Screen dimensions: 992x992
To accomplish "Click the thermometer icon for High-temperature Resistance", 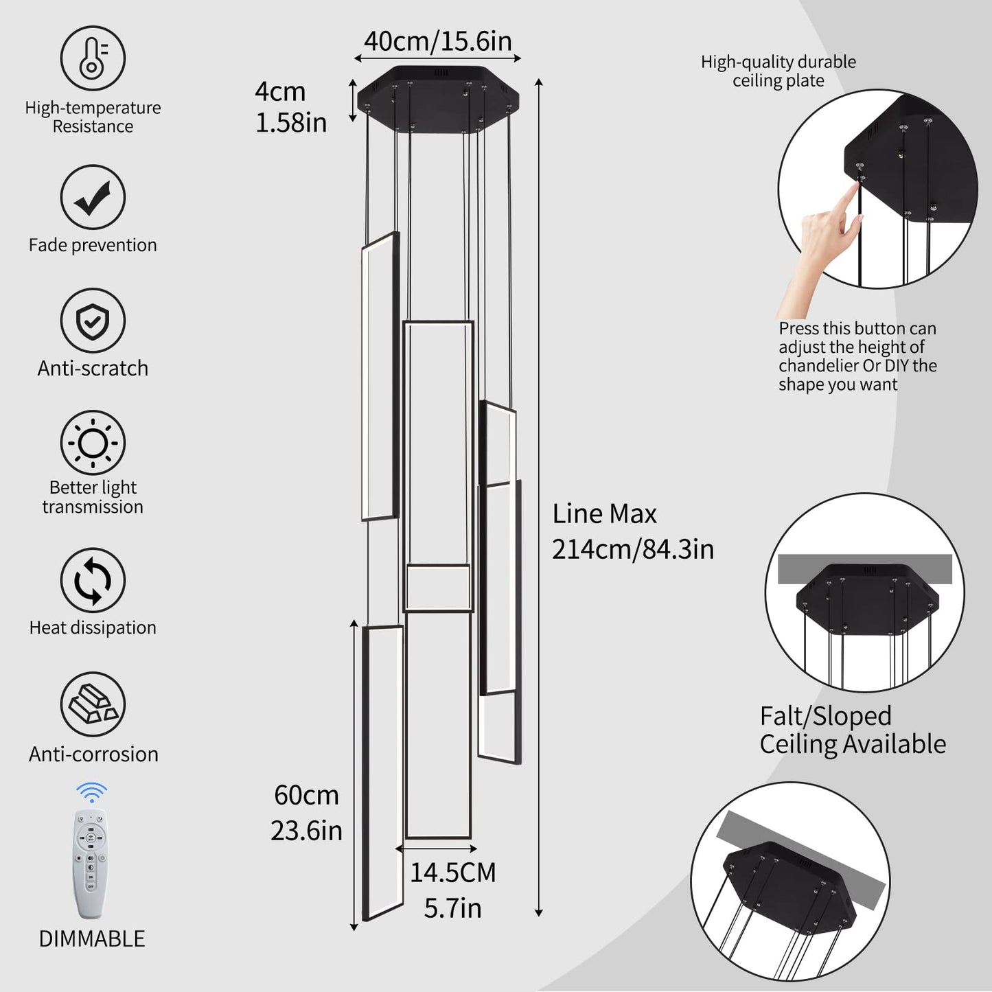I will coord(93,58).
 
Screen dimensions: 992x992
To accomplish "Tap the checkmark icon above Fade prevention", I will coord(93,198).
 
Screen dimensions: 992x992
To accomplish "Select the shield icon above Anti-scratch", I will coord(93,321).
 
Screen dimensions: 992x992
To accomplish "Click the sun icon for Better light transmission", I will coord(93,443).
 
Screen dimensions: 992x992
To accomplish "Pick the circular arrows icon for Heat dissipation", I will coord(93,581).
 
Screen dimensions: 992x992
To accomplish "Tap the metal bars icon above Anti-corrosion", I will coord(93,704).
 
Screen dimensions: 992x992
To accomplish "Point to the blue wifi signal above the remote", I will coord(91,792).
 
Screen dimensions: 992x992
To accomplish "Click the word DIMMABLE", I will coord(91,938).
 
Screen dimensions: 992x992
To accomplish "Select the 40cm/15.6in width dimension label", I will coord(437,41).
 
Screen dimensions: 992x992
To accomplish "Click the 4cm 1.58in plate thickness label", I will coord(290,107).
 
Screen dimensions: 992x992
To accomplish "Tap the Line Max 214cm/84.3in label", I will coord(632,531).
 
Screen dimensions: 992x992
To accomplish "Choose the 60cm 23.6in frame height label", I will coord(306,813).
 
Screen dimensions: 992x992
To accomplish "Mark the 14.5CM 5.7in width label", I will coord(452,890).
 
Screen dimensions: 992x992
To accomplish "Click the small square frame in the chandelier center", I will coord(438,588).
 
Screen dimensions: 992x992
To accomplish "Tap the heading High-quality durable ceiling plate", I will coord(778,71).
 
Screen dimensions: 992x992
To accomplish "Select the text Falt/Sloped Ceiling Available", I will coord(852,730).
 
